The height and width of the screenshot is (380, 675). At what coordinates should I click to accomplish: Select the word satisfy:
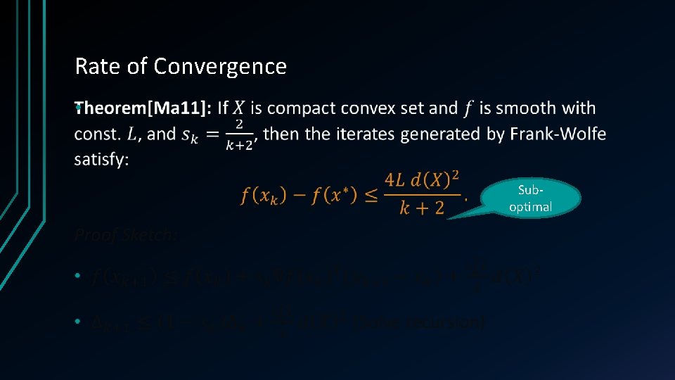[x=101, y=160]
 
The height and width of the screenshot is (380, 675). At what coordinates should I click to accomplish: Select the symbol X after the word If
[x=239, y=108]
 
